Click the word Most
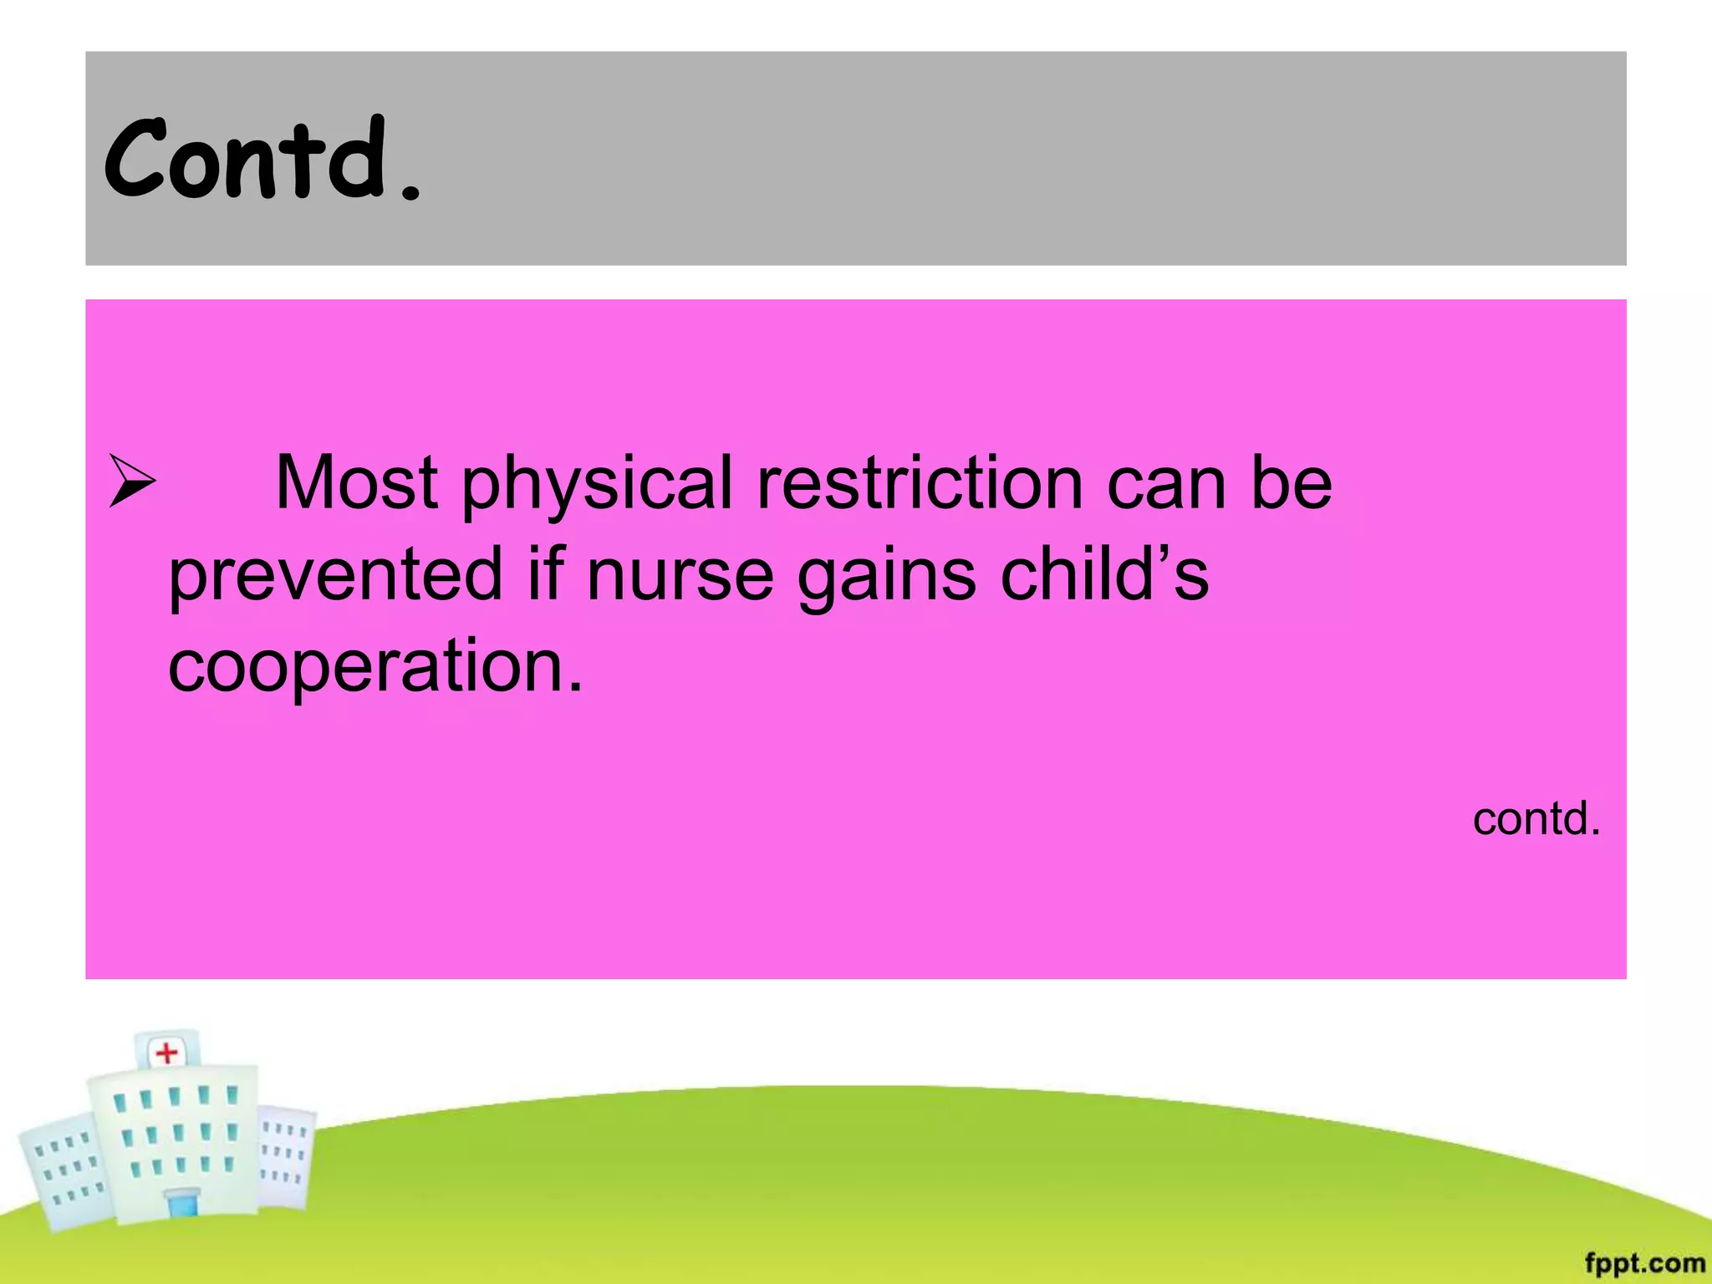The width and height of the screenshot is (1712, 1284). (x=356, y=482)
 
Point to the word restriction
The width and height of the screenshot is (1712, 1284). (x=920, y=482)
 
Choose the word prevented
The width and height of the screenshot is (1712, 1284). (x=335, y=575)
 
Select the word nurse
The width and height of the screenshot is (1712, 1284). (x=680, y=575)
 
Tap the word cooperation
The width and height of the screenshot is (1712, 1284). (x=374, y=666)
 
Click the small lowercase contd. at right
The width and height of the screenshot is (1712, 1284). (x=1536, y=818)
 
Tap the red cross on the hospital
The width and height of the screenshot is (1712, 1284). (x=167, y=1052)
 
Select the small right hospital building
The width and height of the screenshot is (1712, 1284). (x=284, y=1154)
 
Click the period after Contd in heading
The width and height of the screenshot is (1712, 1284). (x=410, y=196)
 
